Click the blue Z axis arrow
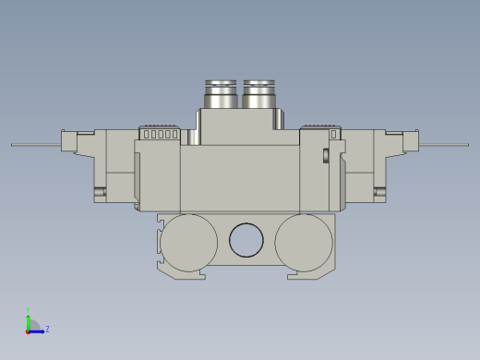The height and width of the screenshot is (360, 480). [39, 329]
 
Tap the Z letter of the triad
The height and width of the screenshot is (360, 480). [47, 329]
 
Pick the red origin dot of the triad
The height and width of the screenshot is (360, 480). [29, 330]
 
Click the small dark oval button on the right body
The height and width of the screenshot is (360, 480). [326, 154]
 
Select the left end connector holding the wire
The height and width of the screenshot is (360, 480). [68, 141]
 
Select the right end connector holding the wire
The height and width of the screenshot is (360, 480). [412, 141]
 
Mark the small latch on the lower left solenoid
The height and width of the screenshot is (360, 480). [99, 193]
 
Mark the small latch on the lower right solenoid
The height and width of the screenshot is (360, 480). [379, 193]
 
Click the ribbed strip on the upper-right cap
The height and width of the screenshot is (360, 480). [319, 126]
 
